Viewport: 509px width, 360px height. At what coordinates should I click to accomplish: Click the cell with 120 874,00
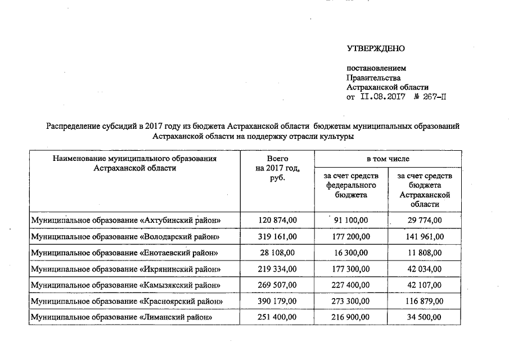(x=277, y=220)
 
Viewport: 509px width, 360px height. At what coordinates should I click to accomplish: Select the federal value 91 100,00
(x=352, y=220)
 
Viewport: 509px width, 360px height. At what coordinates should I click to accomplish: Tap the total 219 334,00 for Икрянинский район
(x=277, y=269)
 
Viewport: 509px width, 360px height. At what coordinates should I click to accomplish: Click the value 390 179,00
(x=277, y=301)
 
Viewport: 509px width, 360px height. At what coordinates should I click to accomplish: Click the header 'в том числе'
(x=388, y=159)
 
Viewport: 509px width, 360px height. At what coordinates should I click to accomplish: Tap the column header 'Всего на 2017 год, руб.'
(x=277, y=168)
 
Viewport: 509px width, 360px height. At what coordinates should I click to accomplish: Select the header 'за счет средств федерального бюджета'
(x=352, y=185)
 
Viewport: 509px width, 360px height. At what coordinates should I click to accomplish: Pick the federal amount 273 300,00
(x=352, y=301)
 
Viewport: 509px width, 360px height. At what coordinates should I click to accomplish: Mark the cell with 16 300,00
(x=352, y=253)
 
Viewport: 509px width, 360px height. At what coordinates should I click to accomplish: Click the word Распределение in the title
(x=74, y=127)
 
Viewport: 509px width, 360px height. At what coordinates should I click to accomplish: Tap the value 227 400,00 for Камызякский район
(x=352, y=285)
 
